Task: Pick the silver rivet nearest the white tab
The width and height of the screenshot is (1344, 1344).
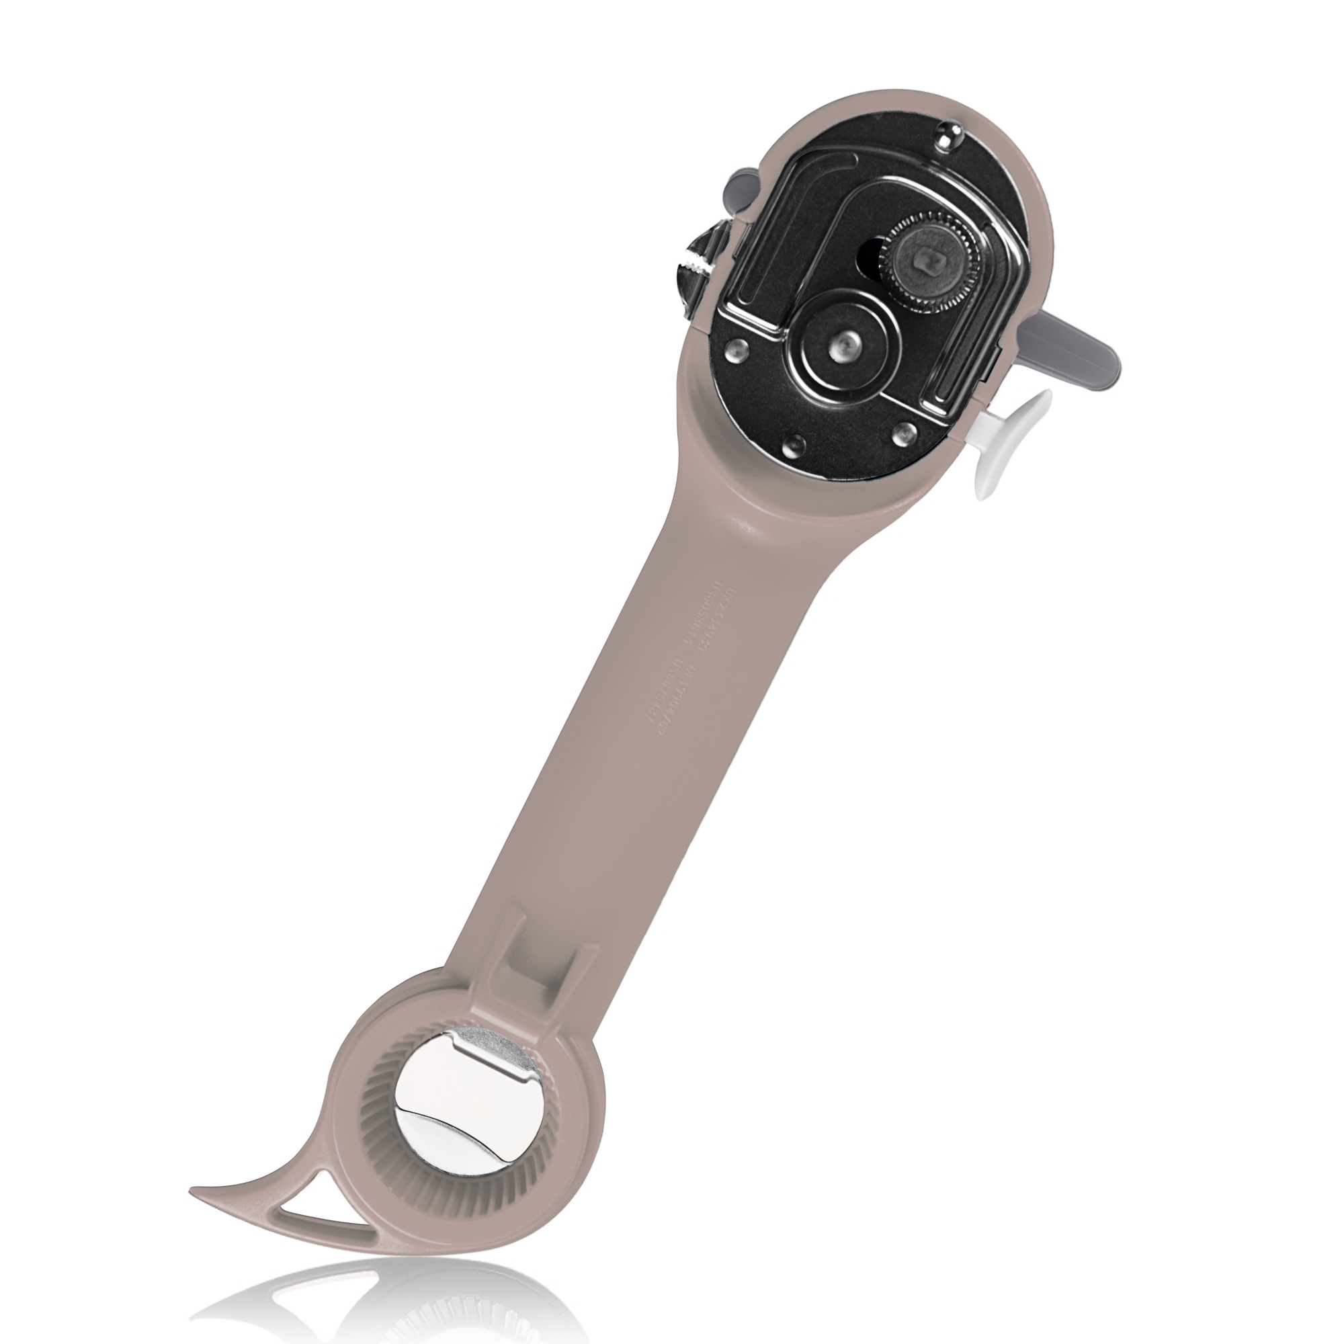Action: [x=902, y=434]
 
